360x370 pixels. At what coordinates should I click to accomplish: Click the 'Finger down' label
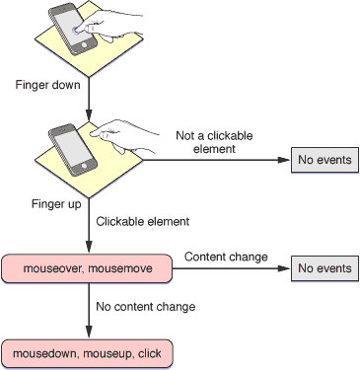point(46,85)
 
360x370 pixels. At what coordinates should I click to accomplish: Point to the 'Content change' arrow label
point(226,257)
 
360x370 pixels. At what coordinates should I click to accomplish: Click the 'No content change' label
point(145,307)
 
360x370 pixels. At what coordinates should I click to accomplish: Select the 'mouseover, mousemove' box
point(88,267)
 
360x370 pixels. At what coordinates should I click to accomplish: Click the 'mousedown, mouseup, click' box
point(88,351)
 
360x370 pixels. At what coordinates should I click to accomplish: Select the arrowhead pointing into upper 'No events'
point(285,160)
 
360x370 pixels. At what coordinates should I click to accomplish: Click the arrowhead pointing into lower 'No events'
point(285,267)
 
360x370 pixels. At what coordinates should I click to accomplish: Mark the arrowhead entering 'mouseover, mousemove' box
point(89,249)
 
